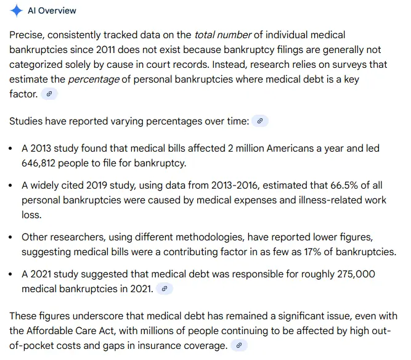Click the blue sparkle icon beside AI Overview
tap(16, 11)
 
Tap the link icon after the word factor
tap(50, 94)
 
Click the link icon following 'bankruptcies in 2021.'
tap(164, 288)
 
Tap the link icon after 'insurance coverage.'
tap(238, 345)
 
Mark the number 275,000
tap(353, 274)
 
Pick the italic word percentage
tap(91, 80)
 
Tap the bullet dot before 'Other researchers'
tap(12, 238)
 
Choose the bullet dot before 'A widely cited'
tap(12, 186)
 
